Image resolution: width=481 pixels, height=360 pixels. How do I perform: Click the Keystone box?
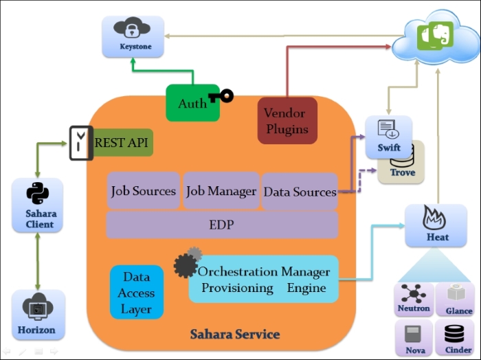point(126,35)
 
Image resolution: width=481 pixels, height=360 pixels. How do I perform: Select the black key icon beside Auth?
point(221,95)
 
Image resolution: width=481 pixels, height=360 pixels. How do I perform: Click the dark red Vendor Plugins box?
point(287,120)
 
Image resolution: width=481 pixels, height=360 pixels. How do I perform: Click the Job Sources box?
point(144,191)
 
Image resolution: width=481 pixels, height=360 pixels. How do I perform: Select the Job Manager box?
point(221,191)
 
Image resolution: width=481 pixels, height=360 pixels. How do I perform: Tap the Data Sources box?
point(300,192)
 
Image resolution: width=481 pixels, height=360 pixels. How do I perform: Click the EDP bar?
point(222,225)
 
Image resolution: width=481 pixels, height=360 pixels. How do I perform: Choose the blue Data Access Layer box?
point(137,292)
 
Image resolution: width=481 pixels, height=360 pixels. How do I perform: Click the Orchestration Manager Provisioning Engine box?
point(264,279)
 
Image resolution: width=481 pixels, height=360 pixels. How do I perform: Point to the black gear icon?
point(186,265)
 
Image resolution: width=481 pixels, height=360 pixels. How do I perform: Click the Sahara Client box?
point(37,203)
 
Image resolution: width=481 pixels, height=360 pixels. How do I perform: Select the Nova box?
point(413,337)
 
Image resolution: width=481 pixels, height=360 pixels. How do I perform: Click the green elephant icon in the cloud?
point(432,35)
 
